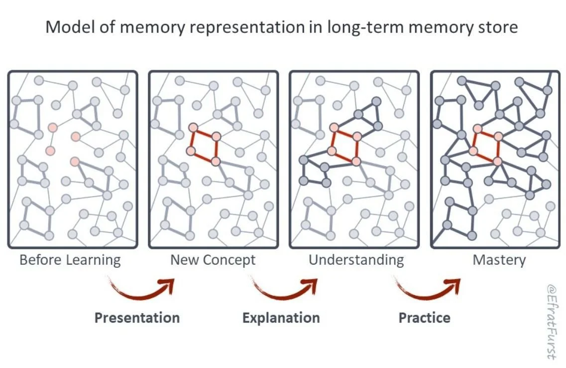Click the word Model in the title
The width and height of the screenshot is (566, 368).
coord(67,27)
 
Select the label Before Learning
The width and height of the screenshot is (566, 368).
coord(70,260)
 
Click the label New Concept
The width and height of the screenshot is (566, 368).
coord(213,260)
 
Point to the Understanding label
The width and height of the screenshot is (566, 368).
coord(356,260)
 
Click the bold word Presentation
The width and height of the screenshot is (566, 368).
coord(137,318)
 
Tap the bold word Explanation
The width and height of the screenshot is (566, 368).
coord(281,318)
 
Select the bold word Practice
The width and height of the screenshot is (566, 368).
coord(424,318)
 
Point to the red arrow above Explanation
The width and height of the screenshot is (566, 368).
coord(285,289)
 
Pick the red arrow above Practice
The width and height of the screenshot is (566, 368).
coord(428,289)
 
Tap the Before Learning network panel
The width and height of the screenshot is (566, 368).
coord(73,160)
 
